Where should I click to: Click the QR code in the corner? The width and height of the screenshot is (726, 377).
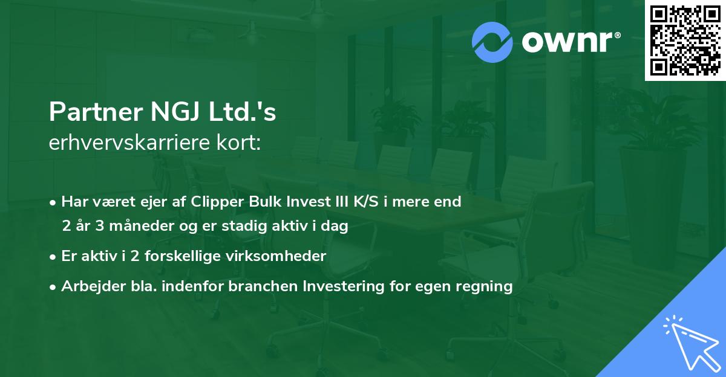(684, 40)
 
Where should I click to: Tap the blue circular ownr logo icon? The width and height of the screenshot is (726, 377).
(492, 42)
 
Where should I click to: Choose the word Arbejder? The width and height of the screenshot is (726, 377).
(89, 286)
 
